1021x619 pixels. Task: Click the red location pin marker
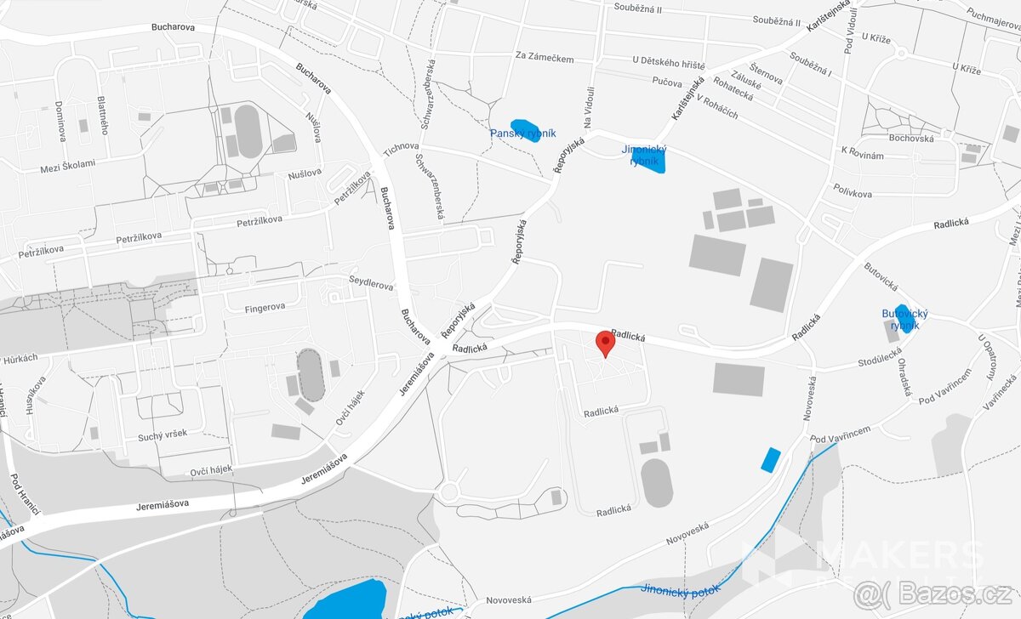pyautogui.click(x=605, y=343)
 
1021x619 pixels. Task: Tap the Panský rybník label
pyautogui.click(x=522, y=133)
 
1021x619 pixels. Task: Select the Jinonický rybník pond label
pyautogui.click(x=644, y=155)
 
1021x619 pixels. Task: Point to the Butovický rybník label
pyautogui.click(x=904, y=320)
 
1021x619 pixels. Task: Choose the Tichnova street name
pyautogui.click(x=402, y=150)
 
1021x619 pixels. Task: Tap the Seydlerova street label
pyautogui.click(x=371, y=282)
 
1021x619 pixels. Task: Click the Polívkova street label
pyautogui.click(x=853, y=193)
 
